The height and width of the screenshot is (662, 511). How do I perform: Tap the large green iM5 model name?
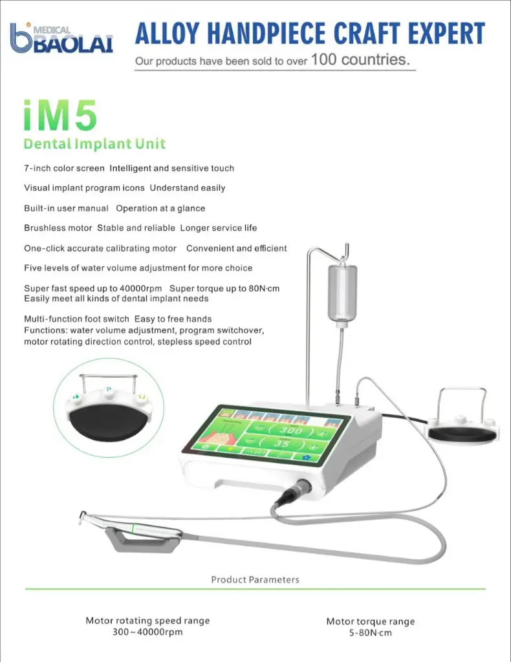(x=60, y=114)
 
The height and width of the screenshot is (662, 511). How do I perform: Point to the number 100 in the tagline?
(x=323, y=59)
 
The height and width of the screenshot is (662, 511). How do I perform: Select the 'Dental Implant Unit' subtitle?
(x=94, y=144)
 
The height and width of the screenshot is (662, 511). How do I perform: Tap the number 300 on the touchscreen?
(x=290, y=430)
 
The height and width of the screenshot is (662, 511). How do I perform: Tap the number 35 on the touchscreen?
(x=281, y=443)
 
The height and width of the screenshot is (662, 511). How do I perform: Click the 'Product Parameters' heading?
(x=255, y=580)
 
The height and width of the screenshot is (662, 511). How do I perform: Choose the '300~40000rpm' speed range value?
(x=147, y=632)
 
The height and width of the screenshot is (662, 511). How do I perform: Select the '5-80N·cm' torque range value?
(x=371, y=633)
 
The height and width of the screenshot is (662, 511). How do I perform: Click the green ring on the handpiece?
(x=134, y=529)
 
